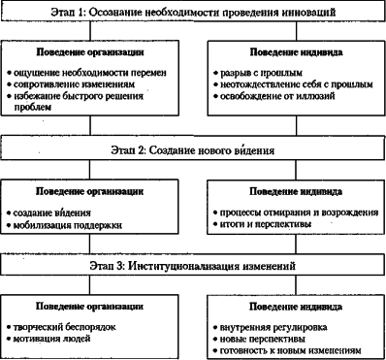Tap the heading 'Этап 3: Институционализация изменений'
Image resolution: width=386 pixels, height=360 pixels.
tap(193, 263)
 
